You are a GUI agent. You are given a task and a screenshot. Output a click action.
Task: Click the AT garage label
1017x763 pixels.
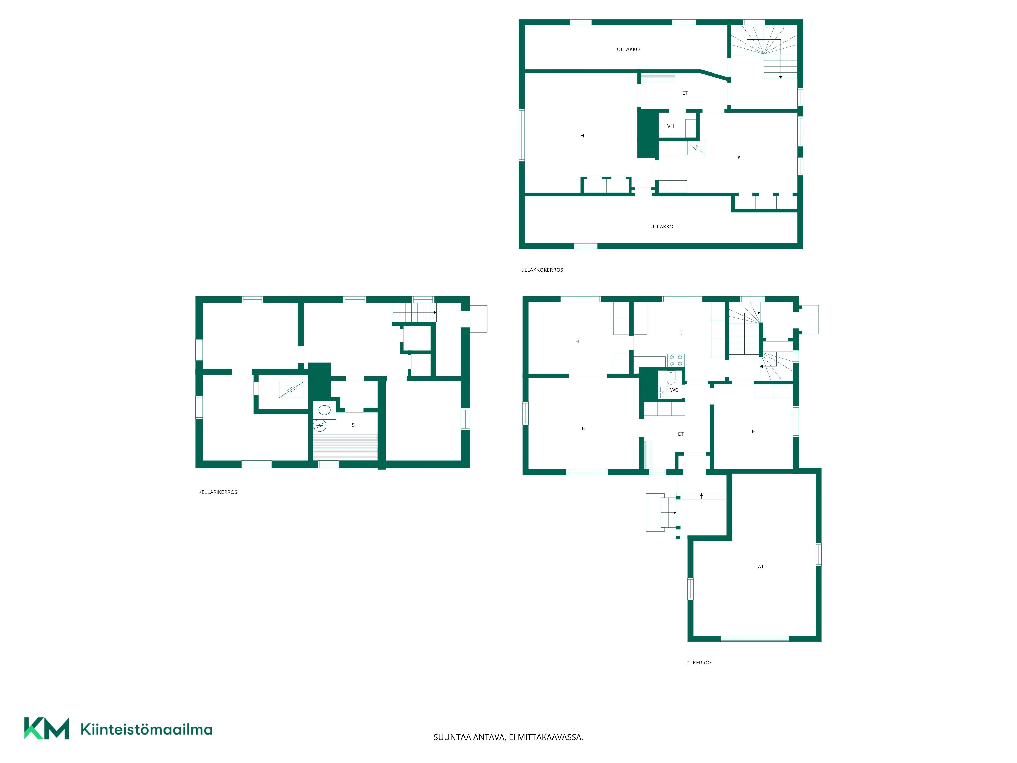(x=761, y=567)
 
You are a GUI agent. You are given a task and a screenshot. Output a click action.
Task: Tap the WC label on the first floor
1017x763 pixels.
(x=674, y=390)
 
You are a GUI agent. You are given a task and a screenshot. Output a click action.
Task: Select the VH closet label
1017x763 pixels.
(x=671, y=126)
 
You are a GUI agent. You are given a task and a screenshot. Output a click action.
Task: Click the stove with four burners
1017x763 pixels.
(x=675, y=360)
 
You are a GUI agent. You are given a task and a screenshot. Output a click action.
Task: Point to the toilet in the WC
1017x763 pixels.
(x=671, y=378)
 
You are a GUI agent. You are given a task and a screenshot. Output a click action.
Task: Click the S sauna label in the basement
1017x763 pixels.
(x=353, y=425)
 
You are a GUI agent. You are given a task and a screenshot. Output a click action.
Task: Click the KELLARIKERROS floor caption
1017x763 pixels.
(x=218, y=492)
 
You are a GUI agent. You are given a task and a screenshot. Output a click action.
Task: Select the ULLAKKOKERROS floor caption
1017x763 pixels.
(x=542, y=270)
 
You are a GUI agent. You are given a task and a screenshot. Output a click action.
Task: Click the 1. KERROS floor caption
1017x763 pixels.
(x=700, y=663)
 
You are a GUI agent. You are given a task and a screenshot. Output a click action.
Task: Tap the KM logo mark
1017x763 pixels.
(x=47, y=728)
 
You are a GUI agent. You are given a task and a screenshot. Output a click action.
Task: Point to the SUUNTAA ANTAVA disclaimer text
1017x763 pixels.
(x=508, y=737)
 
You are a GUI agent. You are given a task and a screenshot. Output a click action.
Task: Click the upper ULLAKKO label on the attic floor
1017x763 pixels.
(x=628, y=49)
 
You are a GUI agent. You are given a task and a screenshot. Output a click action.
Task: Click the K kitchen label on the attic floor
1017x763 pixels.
(x=739, y=157)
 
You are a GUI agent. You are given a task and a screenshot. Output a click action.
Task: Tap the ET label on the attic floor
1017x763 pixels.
(x=685, y=93)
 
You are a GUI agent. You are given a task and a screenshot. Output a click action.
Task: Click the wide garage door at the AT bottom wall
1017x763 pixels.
(x=754, y=639)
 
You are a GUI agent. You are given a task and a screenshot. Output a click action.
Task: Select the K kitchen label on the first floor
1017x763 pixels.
(x=681, y=333)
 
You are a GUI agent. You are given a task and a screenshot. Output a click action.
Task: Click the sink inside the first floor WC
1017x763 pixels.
(x=663, y=392)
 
